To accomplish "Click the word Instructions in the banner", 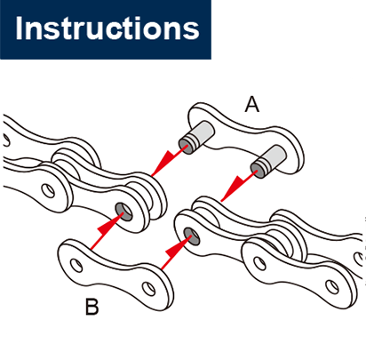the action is pos(107,28).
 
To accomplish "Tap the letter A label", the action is pos(252,105).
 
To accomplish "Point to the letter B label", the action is pos(91,307).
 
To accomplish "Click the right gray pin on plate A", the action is pos(267,162).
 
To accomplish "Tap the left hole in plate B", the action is pos(76,265).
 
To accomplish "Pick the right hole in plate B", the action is pos(148,288).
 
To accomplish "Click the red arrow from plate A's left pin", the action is pos(169,160).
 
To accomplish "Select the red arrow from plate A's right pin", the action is pos(239,186).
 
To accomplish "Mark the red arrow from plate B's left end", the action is pos(107,232).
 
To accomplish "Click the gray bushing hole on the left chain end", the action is pos(123,212).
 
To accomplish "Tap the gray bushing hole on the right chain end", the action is pos(192,236).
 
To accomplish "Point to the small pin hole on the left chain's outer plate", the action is pos(48,190).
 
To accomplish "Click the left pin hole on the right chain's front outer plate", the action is pos(259,263).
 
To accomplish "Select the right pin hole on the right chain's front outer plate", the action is pos(331,286).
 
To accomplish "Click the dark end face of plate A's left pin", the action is pos(185,146).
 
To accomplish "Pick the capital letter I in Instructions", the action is pos(19,28).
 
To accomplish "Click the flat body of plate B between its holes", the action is pos(114,273).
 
